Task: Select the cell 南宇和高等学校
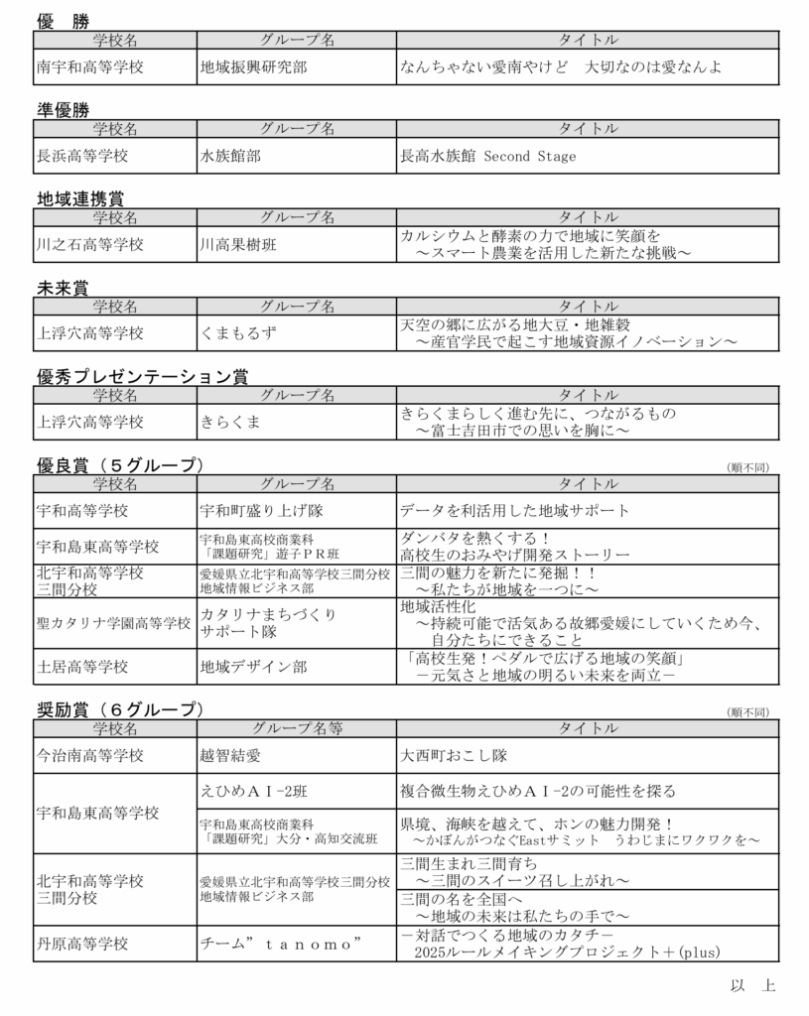tap(89, 68)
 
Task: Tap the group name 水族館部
tap(230, 156)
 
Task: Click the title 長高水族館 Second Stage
tap(487, 156)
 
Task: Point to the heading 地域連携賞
tap(80, 199)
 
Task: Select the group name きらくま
tap(230, 422)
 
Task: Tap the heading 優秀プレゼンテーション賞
tap(142, 377)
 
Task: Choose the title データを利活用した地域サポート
tap(514, 511)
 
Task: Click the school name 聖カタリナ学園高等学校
tap(113, 623)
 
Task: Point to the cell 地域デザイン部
tap(253, 666)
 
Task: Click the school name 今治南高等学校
tap(89, 755)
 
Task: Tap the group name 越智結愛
tap(230, 755)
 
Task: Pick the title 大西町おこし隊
tap(454, 755)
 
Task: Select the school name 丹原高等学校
tap(82, 944)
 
